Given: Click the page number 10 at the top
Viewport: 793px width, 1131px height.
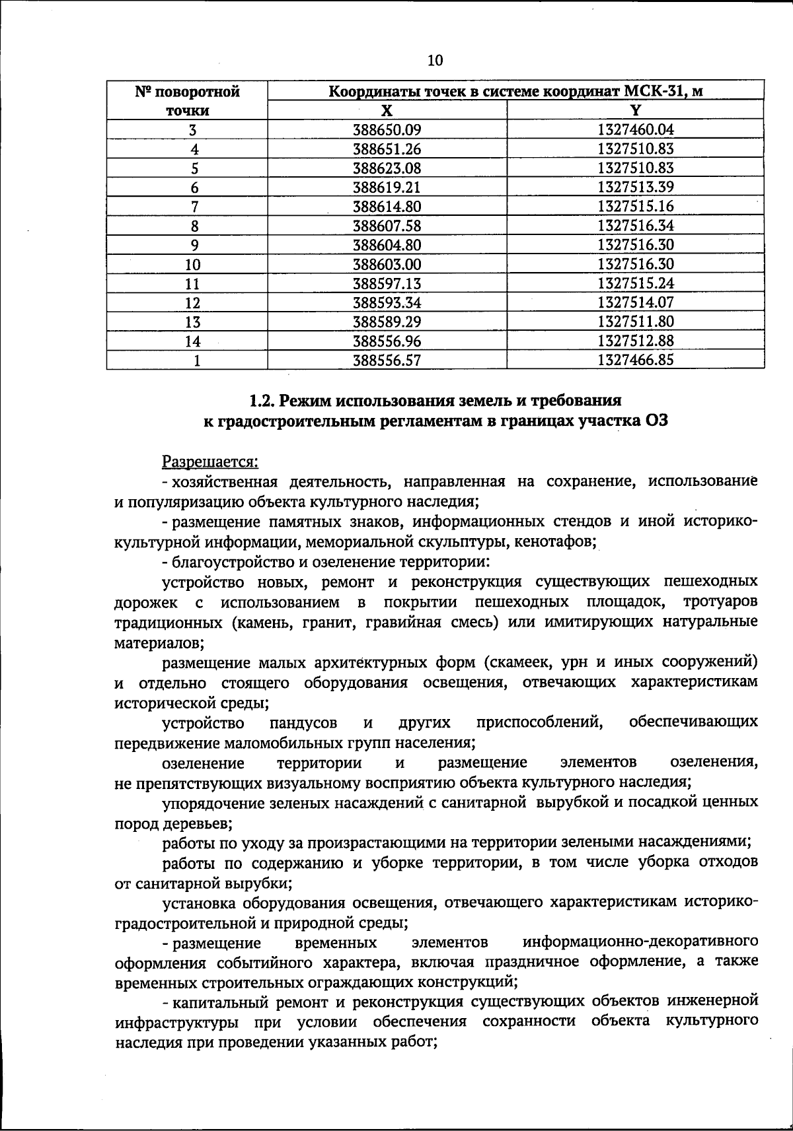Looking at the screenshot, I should click(435, 61).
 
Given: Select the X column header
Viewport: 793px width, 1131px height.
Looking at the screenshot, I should click(387, 110).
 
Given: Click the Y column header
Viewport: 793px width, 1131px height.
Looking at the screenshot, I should click(635, 110).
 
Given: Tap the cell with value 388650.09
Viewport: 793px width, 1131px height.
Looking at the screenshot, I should click(387, 130).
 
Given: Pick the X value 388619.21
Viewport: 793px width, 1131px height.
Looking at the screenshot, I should click(387, 188).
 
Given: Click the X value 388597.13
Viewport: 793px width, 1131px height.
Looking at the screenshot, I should click(387, 284).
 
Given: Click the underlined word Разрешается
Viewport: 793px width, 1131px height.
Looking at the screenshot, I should click(210, 461).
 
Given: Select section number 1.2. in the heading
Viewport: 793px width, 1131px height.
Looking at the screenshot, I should click(264, 401).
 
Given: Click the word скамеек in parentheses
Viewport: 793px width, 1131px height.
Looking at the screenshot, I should click(521, 662).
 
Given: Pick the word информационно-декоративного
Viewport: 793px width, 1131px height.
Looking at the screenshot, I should click(639, 941).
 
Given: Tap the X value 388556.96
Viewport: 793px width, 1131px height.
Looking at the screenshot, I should click(387, 341).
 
